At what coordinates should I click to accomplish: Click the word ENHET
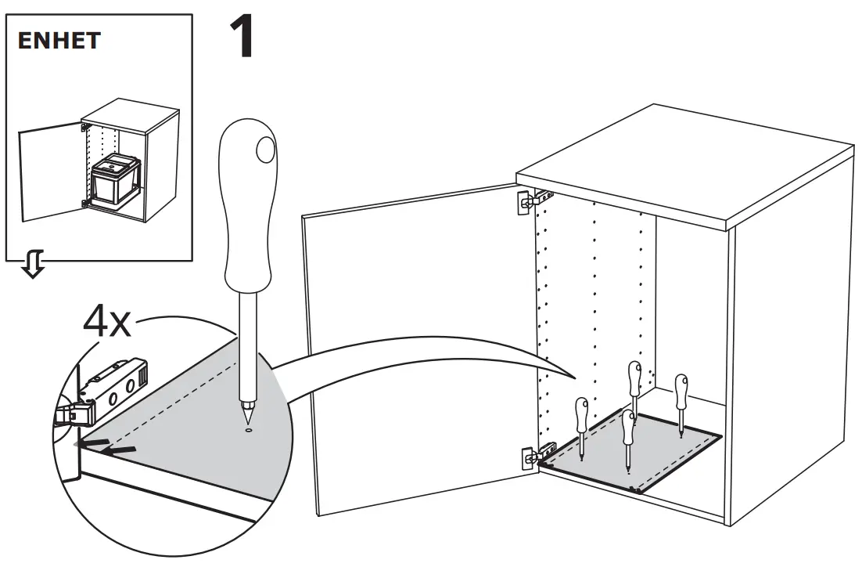[59, 41]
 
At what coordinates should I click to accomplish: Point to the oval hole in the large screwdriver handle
[266, 148]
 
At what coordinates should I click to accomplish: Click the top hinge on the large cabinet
[532, 200]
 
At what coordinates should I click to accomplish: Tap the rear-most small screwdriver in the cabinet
[634, 388]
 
